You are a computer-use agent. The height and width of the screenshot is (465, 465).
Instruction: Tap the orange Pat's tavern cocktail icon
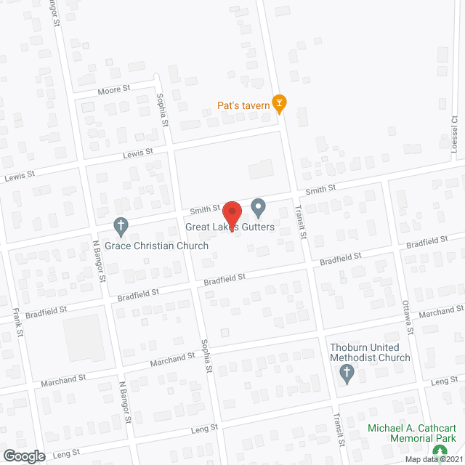(x=278, y=105)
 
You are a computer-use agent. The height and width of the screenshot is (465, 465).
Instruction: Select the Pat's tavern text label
(x=243, y=105)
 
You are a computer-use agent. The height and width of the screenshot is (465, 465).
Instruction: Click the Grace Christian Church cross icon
(x=121, y=227)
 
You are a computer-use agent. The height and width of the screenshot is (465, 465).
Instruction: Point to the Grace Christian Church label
(x=156, y=246)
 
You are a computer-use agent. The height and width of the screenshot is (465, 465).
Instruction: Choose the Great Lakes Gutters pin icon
(x=258, y=209)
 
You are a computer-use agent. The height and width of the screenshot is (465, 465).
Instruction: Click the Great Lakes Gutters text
(x=230, y=227)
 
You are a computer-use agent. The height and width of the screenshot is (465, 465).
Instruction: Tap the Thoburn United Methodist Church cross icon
(x=347, y=375)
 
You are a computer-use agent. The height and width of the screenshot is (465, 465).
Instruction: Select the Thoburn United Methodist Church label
(x=369, y=352)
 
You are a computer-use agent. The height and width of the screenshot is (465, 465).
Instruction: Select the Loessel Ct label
(x=454, y=131)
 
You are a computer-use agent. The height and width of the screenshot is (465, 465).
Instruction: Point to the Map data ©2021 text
(x=434, y=459)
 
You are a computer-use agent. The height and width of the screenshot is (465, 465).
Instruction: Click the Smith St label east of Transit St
(x=320, y=190)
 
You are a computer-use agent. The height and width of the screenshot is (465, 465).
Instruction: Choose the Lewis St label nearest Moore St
(x=138, y=153)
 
